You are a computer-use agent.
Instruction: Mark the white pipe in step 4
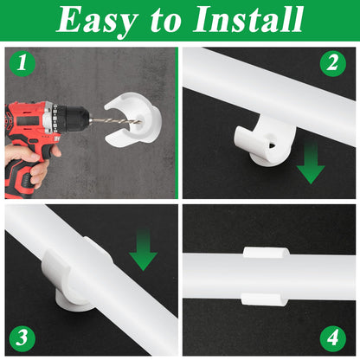(320, 276)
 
